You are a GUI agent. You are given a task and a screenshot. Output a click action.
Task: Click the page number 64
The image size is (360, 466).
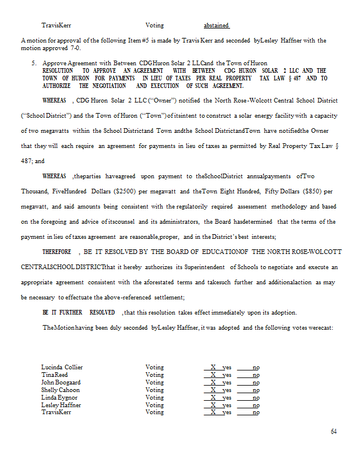tap(334, 432)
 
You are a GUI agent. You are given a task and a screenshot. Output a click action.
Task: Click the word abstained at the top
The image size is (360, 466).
tap(217, 26)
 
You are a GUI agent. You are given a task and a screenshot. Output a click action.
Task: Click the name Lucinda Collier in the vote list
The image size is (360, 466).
tap(62, 368)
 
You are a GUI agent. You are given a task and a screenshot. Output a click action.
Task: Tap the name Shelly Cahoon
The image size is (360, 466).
tap(61, 390)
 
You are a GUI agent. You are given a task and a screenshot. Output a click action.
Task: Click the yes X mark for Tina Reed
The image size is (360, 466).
tap(214, 375)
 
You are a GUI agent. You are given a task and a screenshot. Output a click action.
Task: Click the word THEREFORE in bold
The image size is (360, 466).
tap(57, 252)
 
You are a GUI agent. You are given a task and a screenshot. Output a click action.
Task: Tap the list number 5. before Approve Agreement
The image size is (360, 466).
tap(34, 63)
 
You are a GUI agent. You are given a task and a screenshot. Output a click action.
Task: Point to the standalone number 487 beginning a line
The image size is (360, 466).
tap(27, 161)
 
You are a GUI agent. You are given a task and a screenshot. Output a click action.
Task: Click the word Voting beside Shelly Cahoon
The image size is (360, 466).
tap(154, 390)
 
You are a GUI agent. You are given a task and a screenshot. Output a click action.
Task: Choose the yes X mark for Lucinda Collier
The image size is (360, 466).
tap(214, 368)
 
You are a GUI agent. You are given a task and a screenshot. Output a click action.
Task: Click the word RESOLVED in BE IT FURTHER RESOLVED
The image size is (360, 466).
tap(102, 312)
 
